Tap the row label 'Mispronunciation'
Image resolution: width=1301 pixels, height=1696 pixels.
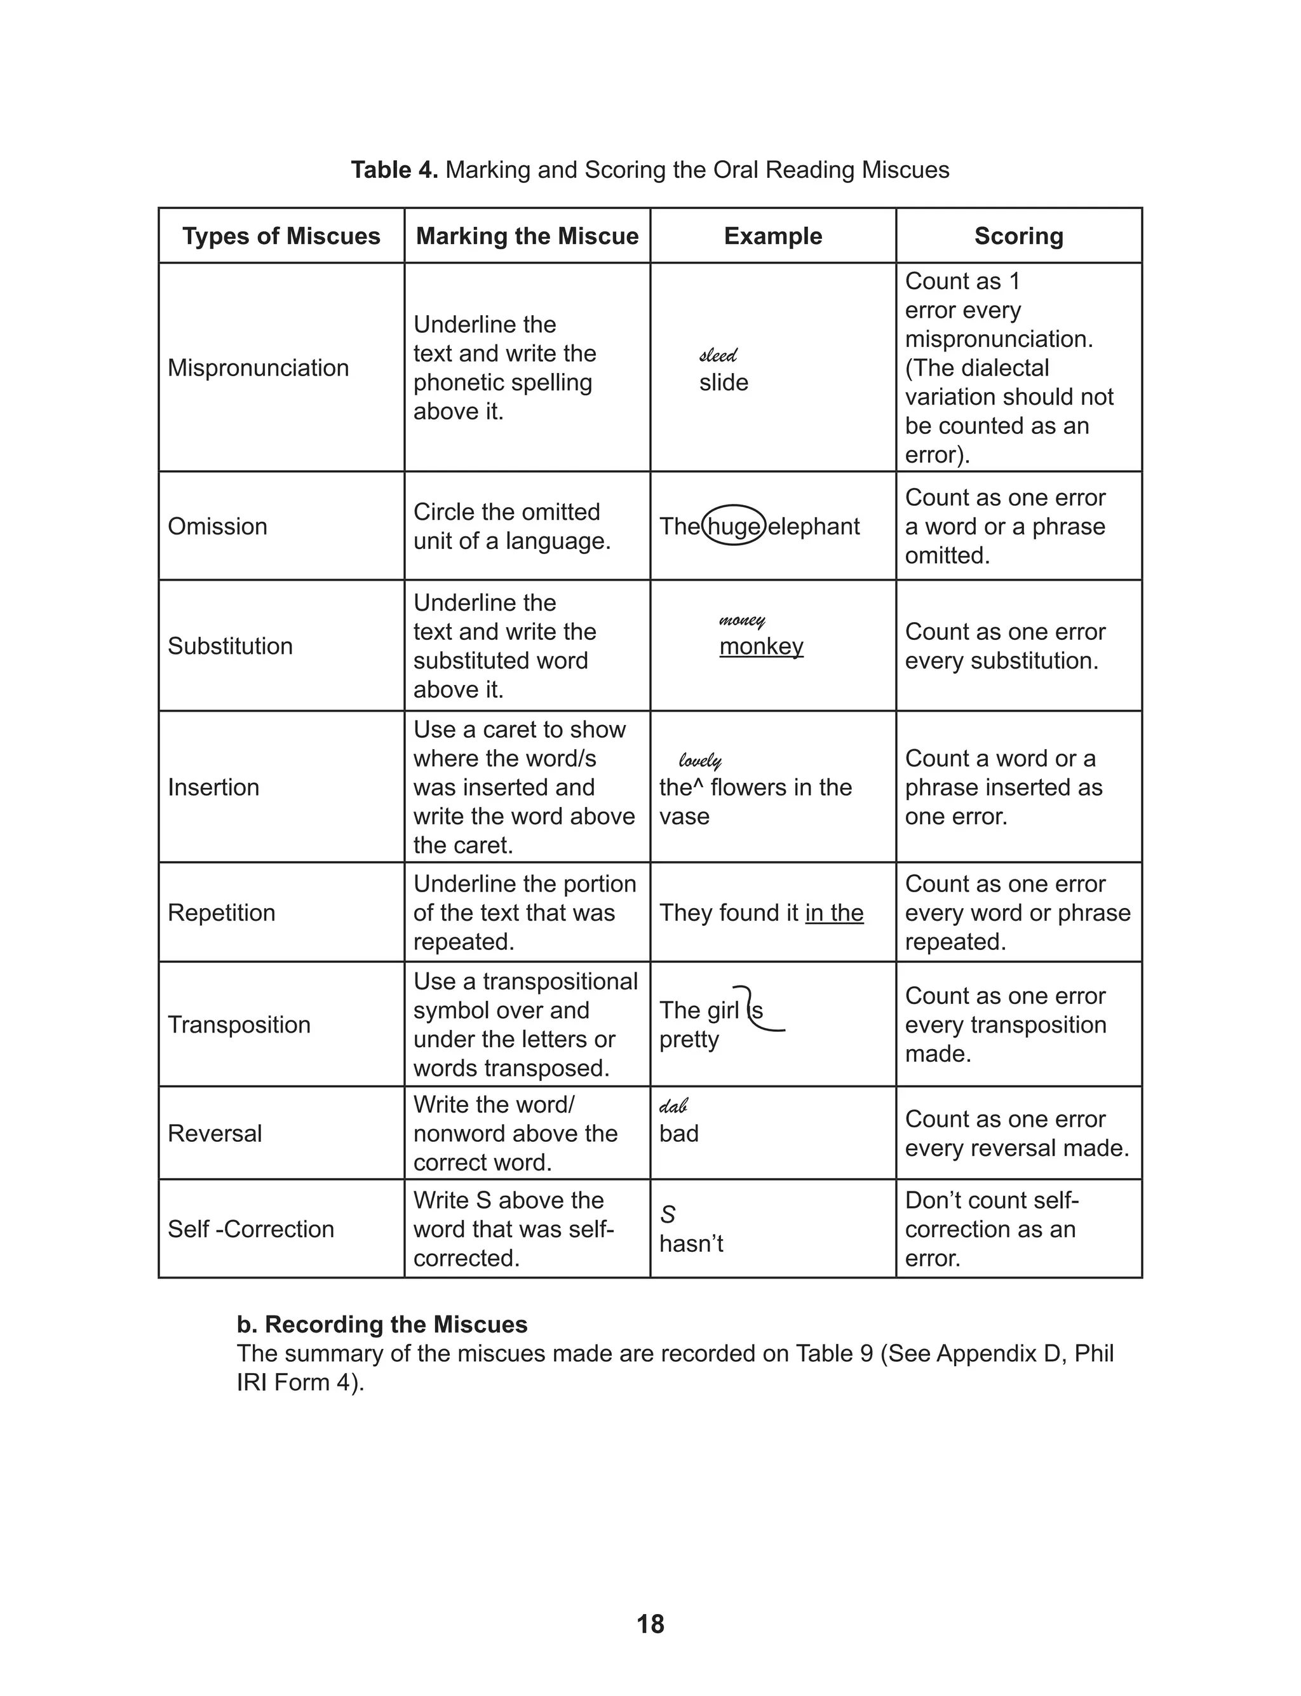click(258, 367)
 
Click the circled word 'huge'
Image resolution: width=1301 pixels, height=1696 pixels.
click(733, 526)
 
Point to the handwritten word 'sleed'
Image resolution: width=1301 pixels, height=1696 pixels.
click(718, 355)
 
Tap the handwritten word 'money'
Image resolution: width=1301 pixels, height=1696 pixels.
click(742, 620)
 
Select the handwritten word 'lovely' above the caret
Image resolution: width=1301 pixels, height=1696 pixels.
click(700, 761)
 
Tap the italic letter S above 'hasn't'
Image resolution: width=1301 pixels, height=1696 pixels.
click(668, 1214)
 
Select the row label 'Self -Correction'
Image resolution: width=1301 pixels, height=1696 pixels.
click(251, 1228)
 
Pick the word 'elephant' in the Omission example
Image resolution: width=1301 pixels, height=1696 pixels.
click(813, 526)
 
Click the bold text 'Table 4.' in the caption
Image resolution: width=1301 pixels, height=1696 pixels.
click(394, 170)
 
